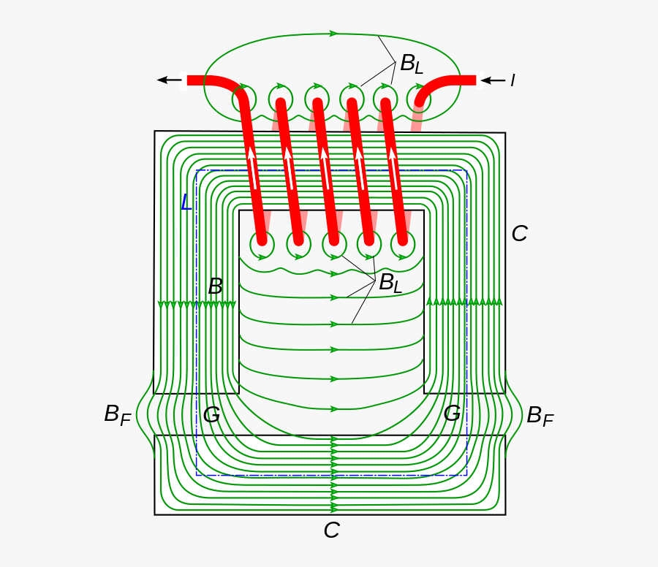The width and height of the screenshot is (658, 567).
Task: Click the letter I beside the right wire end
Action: click(513, 80)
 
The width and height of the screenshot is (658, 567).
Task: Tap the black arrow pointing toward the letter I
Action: click(494, 80)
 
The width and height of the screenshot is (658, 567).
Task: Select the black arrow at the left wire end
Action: click(170, 80)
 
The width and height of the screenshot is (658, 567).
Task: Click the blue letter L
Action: click(186, 202)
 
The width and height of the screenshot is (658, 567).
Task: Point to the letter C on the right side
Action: click(519, 234)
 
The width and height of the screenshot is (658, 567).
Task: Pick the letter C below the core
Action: click(331, 530)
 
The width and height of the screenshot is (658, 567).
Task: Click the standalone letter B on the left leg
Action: click(215, 286)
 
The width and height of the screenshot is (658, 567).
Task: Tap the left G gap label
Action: click(211, 415)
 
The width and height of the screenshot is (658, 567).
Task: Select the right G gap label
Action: click(453, 414)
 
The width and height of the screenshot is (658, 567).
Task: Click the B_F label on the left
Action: click(117, 415)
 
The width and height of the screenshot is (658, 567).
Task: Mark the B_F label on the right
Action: click(540, 416)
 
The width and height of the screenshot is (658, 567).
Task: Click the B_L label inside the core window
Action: click(390, 283)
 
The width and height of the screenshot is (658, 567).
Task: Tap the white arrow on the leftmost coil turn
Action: click(252, 167)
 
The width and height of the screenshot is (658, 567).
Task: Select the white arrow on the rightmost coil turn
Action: click(395, 167)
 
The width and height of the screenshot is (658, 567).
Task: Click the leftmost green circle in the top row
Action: click(244, 98)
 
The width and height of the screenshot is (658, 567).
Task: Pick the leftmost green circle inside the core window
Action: click(262, 245)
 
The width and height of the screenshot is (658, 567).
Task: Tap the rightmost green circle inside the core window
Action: click(403, 245)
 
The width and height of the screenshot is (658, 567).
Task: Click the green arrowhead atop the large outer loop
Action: click(334, 34)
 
